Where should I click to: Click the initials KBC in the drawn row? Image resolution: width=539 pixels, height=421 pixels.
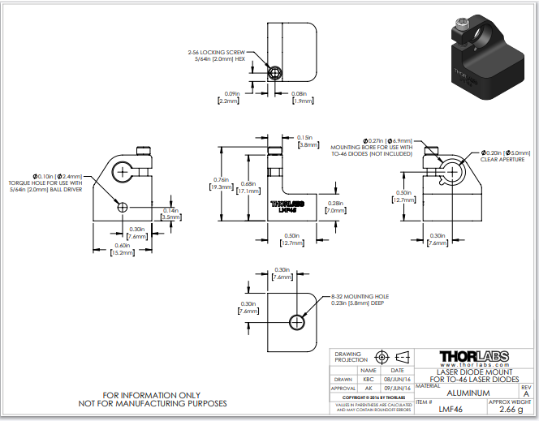tap(368, 378)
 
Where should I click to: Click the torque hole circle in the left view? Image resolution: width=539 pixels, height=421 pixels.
tap(122, 206)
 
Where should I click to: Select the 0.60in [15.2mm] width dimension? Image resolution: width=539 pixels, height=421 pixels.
tap(123, 250)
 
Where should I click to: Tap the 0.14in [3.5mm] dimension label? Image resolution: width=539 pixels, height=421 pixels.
tap(171, 214)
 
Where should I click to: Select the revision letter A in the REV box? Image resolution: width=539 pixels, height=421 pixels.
tap(526, 393)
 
